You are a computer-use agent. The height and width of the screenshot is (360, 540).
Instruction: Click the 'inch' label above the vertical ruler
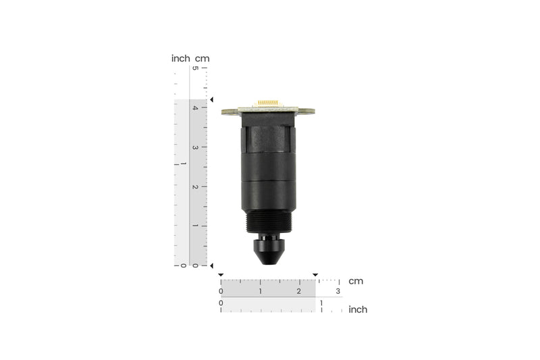click(180, 58)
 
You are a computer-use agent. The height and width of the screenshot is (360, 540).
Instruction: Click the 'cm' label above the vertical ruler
click(202, 58)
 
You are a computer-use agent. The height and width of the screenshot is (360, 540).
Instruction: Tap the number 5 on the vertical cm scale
click(196, 68)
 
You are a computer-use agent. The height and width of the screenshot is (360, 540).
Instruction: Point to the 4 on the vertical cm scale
click(196, 107)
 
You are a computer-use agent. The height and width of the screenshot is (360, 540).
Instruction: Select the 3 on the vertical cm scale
click(196, 147)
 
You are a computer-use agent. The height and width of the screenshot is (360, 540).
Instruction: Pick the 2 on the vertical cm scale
click(196, 186)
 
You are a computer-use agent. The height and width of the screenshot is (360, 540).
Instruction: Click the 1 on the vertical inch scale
click(177, 164)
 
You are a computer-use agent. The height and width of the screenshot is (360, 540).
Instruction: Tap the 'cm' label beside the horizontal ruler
click(355, 281)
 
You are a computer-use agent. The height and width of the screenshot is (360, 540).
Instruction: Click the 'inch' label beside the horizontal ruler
click(358, 309)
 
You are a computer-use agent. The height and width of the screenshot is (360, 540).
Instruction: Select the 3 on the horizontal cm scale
click(338, 291)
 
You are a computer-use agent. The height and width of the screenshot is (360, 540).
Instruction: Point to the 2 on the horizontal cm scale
click(299, 291)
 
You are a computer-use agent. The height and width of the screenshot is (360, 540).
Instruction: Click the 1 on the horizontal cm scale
click(261, 291)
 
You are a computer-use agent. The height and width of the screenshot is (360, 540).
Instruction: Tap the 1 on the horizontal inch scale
click(321, 303)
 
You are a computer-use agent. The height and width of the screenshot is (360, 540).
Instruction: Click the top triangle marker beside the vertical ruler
click(211, 100)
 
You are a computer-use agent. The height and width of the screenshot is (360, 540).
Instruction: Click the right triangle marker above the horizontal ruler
click(315, 275)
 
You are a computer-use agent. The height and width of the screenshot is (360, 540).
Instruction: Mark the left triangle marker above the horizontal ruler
click(221, 275)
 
